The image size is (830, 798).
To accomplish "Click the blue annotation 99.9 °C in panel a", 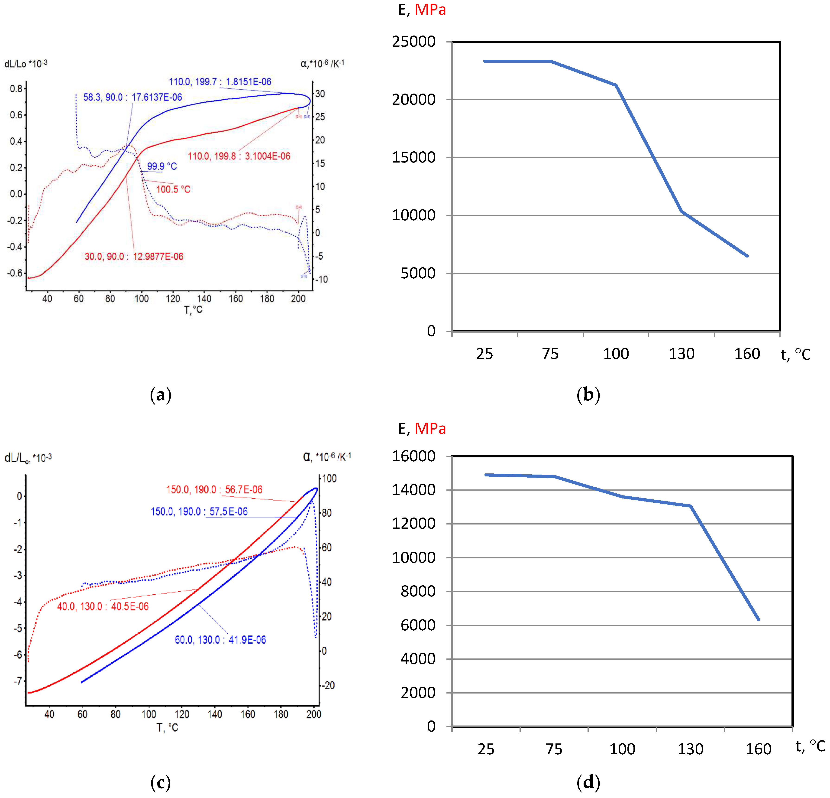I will point(162,166).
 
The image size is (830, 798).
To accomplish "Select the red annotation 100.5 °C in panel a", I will point(173,189).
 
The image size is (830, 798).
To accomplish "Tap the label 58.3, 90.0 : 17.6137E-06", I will point(132,97).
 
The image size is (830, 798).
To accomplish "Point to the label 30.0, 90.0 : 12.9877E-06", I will point(134,256).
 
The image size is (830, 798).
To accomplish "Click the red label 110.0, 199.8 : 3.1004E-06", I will point(239,156).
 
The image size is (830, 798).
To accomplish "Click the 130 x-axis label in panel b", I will point(681,353).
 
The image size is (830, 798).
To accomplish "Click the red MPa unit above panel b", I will point(430,9).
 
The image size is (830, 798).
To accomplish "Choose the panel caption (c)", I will point(161,782).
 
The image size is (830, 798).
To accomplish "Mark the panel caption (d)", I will point(588,782).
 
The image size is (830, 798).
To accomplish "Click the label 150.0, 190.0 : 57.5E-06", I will point(199,511).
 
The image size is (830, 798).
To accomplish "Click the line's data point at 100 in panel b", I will point(616,85).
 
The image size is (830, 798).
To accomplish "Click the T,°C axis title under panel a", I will point(193,310).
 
